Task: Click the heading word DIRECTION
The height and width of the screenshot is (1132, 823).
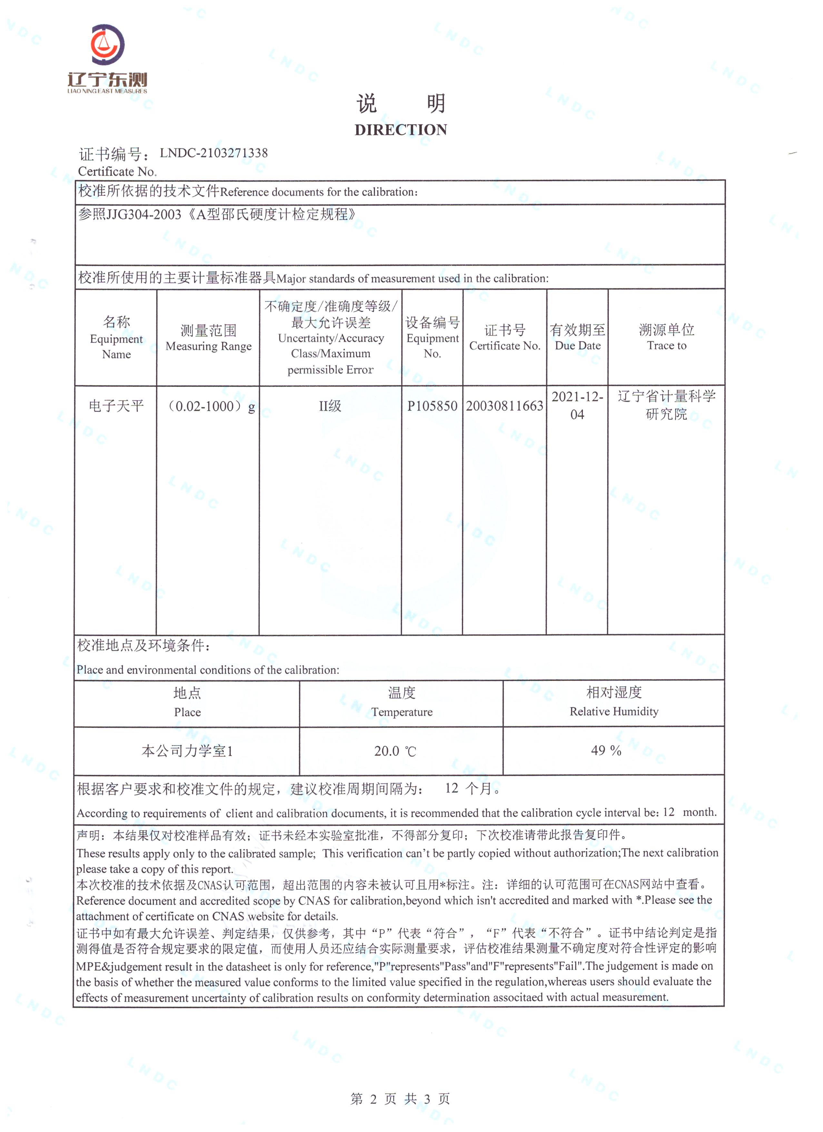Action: point(401,130)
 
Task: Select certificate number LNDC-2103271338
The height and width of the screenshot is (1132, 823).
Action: point(213,153)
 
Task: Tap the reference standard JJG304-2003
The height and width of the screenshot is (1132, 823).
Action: point(144,214)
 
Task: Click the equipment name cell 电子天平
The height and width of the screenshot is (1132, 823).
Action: point(116,406)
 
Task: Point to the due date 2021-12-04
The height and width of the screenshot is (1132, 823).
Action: point(578,405)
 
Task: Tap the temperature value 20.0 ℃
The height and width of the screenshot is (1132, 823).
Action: point(395,751)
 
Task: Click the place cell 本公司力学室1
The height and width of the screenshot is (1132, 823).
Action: point(187,751)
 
